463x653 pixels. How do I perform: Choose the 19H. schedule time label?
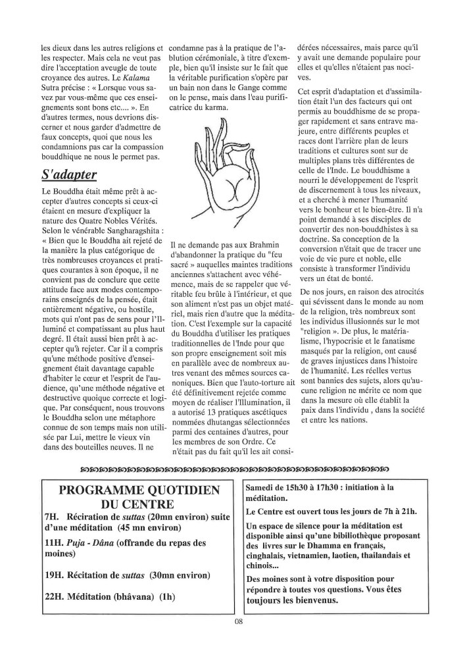pyautogui.click(x=55, y=575)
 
